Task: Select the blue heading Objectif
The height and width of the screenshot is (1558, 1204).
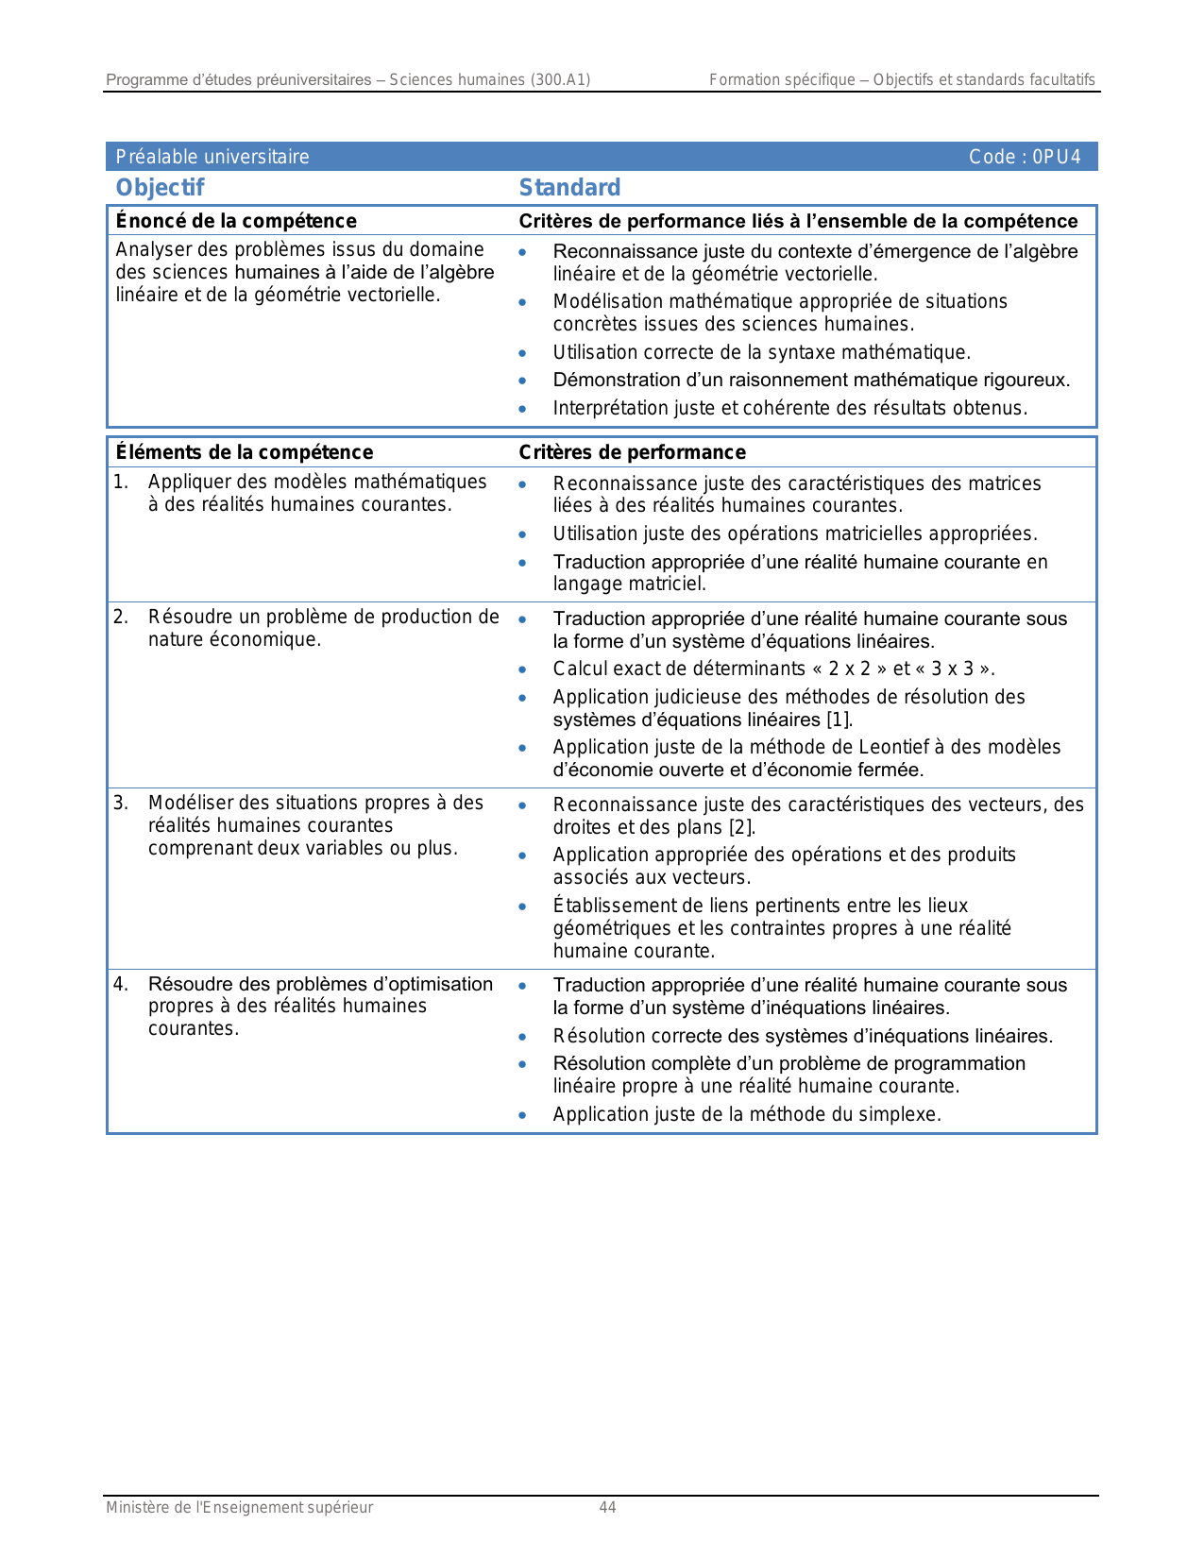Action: click(x=160, y=188)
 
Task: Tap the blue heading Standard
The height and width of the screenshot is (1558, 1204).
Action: click(x=569, y=188)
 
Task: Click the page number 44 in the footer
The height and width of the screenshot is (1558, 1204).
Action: click(x=607, y=1508)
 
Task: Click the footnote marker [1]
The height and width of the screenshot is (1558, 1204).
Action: click(x=839, y=720)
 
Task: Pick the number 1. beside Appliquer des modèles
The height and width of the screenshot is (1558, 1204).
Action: click(x=121, y=483)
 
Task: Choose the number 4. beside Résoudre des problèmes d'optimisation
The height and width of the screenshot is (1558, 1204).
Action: click(x=121, y=985)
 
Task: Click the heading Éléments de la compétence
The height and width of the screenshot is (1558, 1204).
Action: click(x=244, y=452)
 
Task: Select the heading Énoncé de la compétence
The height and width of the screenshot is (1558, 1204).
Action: click(x=236, y=221)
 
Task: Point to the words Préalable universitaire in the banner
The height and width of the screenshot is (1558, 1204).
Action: click(x=212, y=157)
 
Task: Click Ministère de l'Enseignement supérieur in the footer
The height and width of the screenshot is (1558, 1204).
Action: click(x=239, y=1508)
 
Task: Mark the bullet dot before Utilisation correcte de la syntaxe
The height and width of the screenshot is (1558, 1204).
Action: click(x=522, y=354)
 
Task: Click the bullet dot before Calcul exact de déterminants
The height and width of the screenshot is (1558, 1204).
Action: click(x=522, y=670)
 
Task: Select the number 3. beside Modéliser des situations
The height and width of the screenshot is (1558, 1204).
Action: click(x=121, y=804)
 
